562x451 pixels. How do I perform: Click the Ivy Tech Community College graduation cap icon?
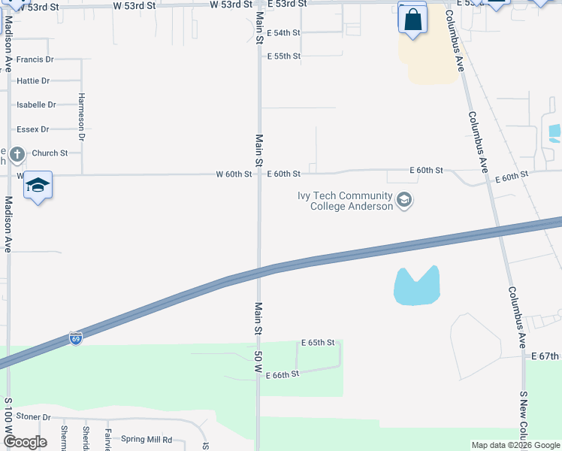[404, 201]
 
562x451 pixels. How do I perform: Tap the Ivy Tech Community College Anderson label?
[345, 201]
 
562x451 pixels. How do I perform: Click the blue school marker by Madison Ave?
[38, 185]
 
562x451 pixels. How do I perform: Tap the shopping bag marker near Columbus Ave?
[412, 20]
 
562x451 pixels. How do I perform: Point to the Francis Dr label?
[35, 59]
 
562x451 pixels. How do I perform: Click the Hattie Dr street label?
[33, 80]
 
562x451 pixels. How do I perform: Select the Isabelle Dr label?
[36, 105]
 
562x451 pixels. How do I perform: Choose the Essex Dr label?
[33, 129]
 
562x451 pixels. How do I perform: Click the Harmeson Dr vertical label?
[82, 117]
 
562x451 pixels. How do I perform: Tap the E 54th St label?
[284, 33]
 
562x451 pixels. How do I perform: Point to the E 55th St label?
[284, 56]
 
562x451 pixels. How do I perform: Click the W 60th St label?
[234, 174]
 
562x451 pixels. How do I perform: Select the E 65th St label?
[318, 343]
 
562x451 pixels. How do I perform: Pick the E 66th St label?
[283, 374]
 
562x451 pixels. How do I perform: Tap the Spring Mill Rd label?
[147, 440]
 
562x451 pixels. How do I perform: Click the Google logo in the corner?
[26, 442]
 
